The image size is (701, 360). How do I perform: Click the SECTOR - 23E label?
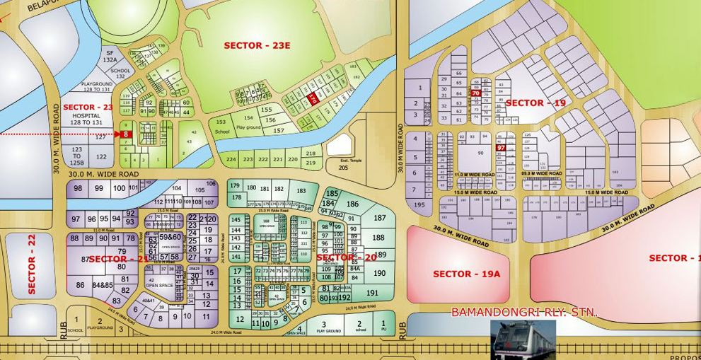click(252, 45)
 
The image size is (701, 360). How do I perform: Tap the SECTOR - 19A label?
click(466, 274)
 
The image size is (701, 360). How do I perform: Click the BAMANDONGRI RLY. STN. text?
click(524, 312)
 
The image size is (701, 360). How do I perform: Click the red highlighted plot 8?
click(126, 134)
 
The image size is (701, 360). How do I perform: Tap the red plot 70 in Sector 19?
click(475, 93)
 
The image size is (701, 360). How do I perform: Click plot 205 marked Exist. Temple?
click(343, 162)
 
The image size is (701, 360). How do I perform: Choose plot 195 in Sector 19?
click(419, 204)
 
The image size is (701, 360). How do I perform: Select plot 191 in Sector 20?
click(373, 293)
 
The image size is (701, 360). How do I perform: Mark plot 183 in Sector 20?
click(301, 191)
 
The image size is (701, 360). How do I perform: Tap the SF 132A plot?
click(110, 57)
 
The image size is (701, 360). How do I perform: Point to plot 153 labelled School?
click(223, 127)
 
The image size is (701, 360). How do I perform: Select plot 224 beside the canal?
click(230, 160)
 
